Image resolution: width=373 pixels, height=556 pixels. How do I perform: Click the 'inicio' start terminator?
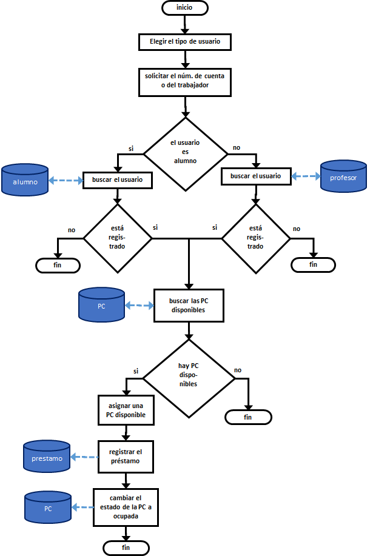pos(185,8)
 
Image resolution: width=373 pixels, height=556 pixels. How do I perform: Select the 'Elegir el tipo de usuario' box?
pos(185,42)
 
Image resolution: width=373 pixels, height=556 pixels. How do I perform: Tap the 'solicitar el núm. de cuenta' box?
pos(185,82)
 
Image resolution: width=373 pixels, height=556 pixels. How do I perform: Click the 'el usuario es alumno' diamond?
pos(185,154)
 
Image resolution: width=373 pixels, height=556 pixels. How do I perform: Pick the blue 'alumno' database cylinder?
pos(25,180)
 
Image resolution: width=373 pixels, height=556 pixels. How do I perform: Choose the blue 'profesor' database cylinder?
pos(343,176)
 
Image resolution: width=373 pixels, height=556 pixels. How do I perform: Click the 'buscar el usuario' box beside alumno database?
pos(118,180)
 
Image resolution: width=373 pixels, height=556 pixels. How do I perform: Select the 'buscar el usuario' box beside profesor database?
pos(255,176)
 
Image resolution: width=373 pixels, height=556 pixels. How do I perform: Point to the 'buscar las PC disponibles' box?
pos(189,306)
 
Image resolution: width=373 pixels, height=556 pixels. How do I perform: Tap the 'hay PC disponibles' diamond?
pos(189,378)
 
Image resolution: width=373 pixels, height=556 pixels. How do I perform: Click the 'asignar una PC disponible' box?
pos(126,410)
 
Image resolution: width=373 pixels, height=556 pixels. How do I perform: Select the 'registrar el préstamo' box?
pos(126,457)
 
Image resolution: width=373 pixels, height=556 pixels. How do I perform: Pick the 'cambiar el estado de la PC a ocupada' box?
pos(126,507)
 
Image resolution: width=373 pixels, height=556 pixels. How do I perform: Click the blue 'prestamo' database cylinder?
pos(47,457)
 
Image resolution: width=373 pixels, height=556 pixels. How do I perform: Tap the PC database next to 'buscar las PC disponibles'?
pos(101,305)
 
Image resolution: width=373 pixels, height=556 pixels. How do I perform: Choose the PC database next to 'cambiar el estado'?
pos(48,507)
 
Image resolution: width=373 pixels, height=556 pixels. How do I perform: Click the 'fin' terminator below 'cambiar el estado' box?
pos(126,548)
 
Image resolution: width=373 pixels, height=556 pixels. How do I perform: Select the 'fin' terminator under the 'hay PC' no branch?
pos(248,417)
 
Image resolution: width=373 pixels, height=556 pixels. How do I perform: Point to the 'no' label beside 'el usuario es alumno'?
pos(237,147)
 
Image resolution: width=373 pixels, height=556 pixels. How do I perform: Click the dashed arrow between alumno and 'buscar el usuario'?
pos(66,181)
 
